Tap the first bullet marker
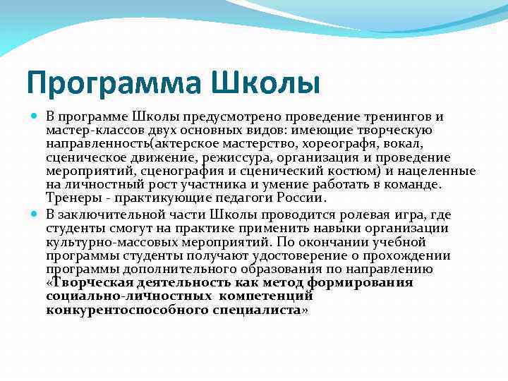pyautogui.click(x=35, y=115)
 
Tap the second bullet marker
pyautogui.click(x=35, y=214)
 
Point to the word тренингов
pyautogui.click(x=396, y=116)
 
